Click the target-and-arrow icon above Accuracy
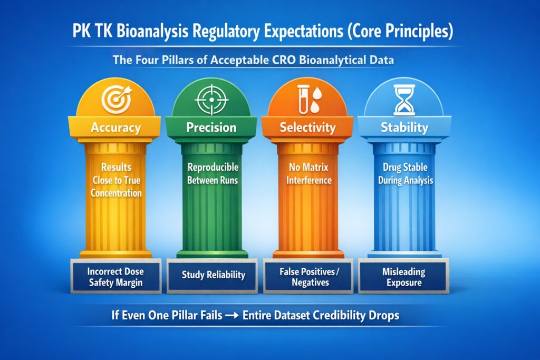point(115,99)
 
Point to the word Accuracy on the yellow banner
point(115,128)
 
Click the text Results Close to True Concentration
point(115,180)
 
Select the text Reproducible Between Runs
point(213,174)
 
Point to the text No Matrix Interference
point(308,174)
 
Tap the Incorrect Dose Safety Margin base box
point(115,277)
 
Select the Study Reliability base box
point(212,275)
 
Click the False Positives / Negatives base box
point(308,277)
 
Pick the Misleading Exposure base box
point(404,277)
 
